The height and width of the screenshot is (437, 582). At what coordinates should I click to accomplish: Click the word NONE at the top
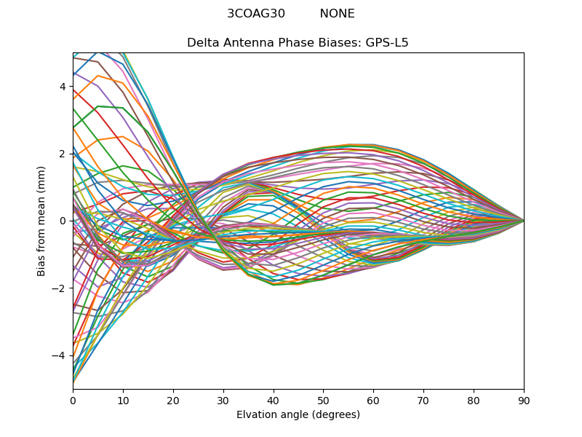pyautogui.click(x=337, y=14)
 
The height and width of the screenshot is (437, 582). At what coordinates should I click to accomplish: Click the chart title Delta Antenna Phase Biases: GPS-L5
pyautogui.click(x=298, y=43)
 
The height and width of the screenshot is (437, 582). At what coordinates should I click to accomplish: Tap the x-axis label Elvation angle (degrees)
pyautogui.click(x=298, y=415)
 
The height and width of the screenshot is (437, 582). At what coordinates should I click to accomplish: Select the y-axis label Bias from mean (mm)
pyautogui.click(x=41, y=220)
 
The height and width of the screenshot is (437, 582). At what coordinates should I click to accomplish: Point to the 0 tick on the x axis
pyautogui.click(x=73, y=400)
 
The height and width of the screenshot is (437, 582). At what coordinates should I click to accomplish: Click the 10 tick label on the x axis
pyautogui.click(x=123, y=400)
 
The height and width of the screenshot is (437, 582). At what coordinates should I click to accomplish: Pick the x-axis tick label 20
pyautogui.click(x=173, y=400)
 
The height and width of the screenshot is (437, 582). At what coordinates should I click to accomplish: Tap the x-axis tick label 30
pyautogui.click(x=223, y=400)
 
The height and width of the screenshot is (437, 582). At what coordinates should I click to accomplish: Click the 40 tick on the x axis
pyautogui.click(x=274, y=400)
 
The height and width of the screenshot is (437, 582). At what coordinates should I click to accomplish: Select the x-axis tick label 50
pyautogui.click(x=323, y=400)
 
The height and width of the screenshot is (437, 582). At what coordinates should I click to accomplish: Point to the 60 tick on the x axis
pyautogui.click(x=373, y=400)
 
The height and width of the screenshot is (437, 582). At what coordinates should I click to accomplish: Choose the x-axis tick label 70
pyautogui.click(x=423, y=400)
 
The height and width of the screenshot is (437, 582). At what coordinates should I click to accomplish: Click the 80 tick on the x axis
pyautogui.click(x=474, y=400)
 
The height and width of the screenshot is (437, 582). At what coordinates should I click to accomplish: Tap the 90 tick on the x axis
pyautogui.click(x=524, y=400)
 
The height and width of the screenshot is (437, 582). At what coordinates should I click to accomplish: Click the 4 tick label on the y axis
pyautogui.click(x=63, y=87)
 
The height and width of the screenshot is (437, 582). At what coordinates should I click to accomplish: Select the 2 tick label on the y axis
pyautogui.click(x=63, y=154)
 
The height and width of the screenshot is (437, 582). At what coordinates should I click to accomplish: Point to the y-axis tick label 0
pyautogui.click(x=63, y=221)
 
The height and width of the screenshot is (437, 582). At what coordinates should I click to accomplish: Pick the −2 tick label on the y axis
pyautogui.click(x=60, y=288)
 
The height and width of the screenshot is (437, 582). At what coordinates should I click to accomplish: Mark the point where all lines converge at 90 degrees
pyautogui.click(x=524, y=220)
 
